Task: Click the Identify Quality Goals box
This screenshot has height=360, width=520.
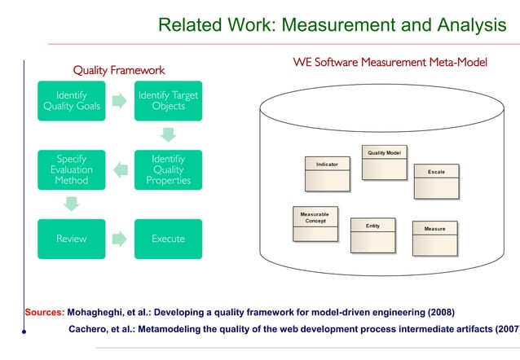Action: [71, 100]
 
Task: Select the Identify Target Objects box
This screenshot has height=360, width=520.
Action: [168, 100]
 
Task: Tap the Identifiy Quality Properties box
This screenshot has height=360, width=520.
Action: [168, 169]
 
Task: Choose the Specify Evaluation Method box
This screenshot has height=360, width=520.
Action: [71, 169]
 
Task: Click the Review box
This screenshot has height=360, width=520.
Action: [71, 239]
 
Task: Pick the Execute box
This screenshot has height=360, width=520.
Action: [168, 239]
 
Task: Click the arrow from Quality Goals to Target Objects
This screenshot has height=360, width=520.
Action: [119, 100]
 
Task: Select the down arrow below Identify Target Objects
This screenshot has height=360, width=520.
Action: [168, 134]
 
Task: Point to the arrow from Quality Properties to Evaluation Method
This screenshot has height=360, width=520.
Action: [119, 169]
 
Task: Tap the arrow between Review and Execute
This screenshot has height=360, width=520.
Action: [119, 239]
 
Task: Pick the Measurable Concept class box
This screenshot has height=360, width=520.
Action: [314, 223]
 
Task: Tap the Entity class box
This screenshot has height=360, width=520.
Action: [372, 235]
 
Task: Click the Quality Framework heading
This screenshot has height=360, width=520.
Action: [119, 70]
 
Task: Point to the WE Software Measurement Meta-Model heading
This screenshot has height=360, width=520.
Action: [390, 62]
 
